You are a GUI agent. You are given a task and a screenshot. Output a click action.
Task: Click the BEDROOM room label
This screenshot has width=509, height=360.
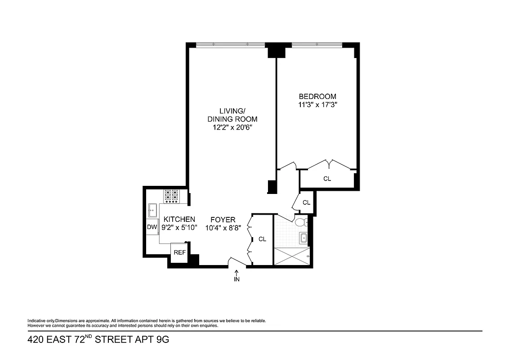point(317,96)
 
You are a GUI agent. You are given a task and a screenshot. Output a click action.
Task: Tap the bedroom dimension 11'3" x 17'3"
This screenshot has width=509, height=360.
point(317,105)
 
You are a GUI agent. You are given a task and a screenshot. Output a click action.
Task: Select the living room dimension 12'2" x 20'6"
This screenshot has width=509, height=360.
point(232,128)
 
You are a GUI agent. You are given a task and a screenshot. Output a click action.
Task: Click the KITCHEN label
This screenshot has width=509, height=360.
point(179,219)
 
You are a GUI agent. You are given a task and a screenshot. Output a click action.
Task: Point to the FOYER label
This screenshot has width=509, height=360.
point(223,220)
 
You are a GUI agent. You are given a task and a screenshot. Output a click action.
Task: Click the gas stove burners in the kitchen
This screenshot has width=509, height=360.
point(171,196)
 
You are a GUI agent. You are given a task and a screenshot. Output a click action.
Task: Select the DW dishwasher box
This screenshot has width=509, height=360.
point(152,227)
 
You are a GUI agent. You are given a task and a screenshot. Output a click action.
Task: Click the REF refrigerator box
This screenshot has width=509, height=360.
point(179,252)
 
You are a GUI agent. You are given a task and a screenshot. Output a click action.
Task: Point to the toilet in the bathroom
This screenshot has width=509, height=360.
point(302,222)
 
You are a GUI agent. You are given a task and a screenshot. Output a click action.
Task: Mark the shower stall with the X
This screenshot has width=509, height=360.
point(291,256)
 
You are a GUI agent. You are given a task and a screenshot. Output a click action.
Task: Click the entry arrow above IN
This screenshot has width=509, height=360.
point(237,272)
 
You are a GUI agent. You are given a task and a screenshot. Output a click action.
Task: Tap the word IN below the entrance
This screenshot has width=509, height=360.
point(237,279)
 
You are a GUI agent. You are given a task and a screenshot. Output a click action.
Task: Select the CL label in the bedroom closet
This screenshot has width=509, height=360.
point(327,179)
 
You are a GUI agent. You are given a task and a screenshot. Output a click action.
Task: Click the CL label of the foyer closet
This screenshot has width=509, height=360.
point(262,239)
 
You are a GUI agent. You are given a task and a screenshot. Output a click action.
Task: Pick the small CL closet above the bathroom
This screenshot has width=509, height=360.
point(306,202)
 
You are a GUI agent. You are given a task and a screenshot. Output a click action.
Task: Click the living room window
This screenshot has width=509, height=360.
point(231,44)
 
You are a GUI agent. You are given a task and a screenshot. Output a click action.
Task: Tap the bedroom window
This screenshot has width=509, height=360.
point(317,44)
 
